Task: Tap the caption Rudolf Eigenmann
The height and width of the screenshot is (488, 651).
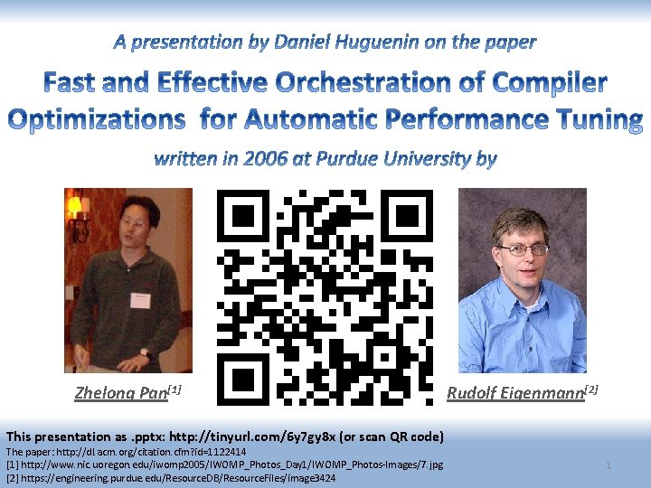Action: [515, 392]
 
